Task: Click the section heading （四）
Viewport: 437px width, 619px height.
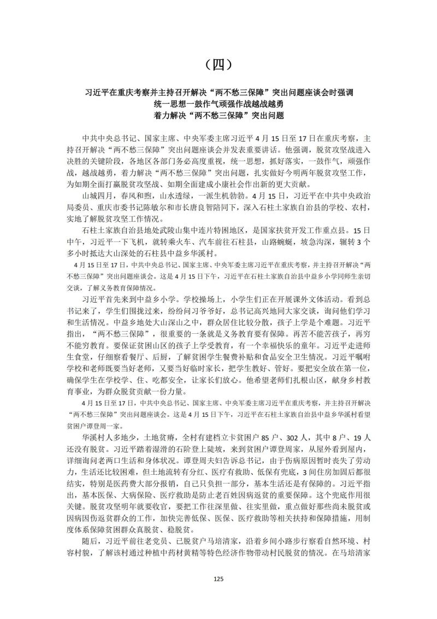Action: (218, 64)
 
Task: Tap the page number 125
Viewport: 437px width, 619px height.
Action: (218, 579)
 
